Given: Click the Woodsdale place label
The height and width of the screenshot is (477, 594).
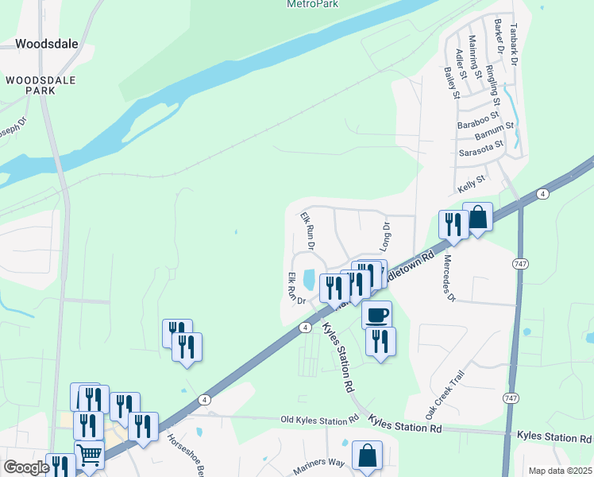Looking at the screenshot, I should (x=47, y=44).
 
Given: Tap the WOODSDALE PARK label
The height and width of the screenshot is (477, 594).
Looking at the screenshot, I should (x=31, y=85).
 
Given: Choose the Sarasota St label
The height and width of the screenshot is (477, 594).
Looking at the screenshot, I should (x=481, y=148).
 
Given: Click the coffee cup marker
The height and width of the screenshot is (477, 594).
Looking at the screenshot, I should (x=376, y=314).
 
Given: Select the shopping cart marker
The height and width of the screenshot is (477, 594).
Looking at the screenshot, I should (x=89, y=456).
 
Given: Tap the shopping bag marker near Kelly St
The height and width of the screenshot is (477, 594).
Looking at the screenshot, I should (x=478, y=217).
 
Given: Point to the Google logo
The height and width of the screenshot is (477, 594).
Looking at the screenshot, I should (x=26, y=467).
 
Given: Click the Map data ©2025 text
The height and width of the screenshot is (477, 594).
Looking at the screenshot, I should (x=560, y=471).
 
